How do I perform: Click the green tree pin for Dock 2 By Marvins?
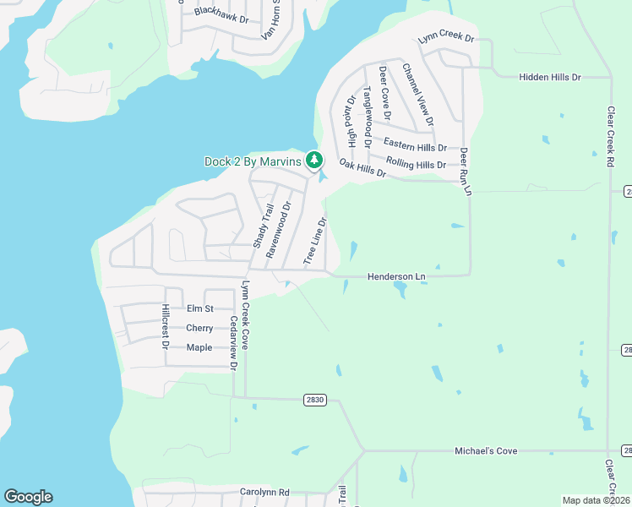314,160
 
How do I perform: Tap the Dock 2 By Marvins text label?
253,161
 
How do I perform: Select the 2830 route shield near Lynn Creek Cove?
314,400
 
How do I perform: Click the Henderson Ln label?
396,276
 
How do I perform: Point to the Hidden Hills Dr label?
549,77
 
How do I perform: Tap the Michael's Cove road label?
486,451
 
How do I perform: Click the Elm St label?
200,309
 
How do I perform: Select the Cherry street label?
199,328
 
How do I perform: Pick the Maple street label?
199,347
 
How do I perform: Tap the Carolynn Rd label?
264,492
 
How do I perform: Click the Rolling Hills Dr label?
415,163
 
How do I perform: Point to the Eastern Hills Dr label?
415,145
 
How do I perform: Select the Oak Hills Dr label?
362,168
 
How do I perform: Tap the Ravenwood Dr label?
279,229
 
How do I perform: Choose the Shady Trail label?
263,226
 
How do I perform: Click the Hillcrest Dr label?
166,326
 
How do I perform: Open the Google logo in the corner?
28,497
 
